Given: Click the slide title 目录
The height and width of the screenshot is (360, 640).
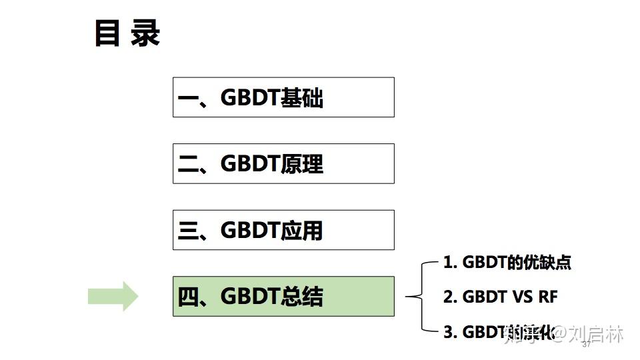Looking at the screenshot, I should click(127, 34).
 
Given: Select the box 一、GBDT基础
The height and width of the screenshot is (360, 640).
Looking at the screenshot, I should click(283, 97).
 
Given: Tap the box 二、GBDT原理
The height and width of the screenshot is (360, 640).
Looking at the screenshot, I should click(283, 163).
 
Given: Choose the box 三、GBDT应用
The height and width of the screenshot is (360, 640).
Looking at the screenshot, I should click(283, 230).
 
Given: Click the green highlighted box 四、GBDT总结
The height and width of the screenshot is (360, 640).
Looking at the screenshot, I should click(283, 296).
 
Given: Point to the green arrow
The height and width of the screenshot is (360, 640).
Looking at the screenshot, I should click(113, 296).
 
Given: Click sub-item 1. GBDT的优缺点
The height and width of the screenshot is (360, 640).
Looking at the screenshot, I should click(507, 262).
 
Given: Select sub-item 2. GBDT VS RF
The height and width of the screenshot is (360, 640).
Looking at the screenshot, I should click(500, 297).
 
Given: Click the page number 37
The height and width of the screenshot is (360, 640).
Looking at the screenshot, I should click(587, 345).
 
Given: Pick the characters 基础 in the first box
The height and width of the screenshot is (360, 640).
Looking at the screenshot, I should click(303, 98).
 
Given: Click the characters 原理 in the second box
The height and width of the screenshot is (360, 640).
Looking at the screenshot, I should click(303, 164).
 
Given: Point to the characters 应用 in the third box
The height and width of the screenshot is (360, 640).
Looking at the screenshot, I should click(303, 231).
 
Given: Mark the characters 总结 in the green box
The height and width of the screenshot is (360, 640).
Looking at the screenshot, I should click(303, 297).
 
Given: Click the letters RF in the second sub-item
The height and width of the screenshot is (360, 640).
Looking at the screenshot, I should click(547, 297).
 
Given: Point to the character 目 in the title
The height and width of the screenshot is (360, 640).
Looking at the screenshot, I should click(107, 34).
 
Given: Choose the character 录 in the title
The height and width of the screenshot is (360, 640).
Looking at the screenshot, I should click(145, 34).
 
